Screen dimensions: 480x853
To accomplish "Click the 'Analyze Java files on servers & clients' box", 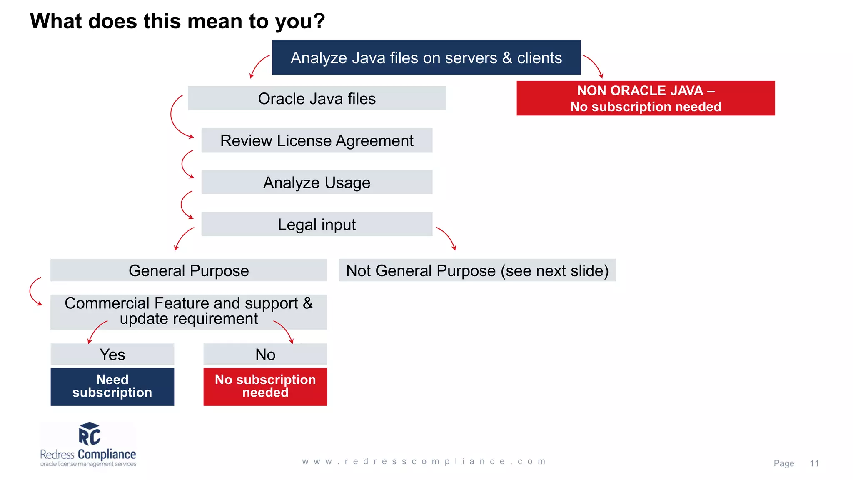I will (426, 57).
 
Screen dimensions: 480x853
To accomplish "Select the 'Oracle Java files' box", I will (317, 98).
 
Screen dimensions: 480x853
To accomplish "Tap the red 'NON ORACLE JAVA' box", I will (646, 98).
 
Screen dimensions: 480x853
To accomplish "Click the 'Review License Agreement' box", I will (317, 140).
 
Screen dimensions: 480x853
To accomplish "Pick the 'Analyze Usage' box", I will (317, 182).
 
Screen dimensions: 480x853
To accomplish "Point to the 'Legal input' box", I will (317, 224).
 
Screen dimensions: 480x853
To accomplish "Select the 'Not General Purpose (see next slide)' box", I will (477, 270).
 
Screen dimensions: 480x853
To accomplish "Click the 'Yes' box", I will (112, 354).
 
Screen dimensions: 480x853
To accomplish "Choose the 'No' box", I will (265, 354).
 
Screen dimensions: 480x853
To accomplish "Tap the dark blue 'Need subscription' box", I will (112, 386).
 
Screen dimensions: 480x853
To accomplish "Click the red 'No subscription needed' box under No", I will (265, 386).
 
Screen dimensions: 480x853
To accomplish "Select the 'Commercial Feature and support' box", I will (188, 312).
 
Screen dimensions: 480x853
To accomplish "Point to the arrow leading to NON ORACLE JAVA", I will (594, 65).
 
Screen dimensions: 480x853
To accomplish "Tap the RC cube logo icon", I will (90, 434).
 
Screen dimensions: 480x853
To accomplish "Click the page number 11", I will (814, 463).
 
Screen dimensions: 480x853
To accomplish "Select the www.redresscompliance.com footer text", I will (424, 461).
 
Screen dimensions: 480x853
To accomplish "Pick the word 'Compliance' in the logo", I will (107, 454).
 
